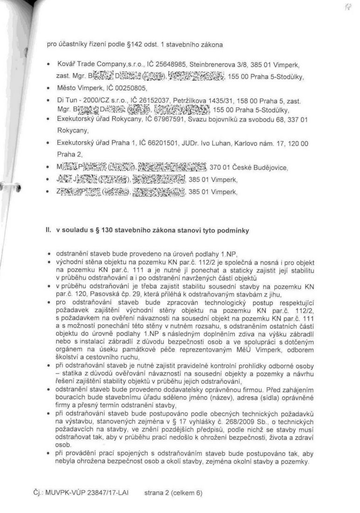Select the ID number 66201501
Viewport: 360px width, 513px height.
[160, 143]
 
